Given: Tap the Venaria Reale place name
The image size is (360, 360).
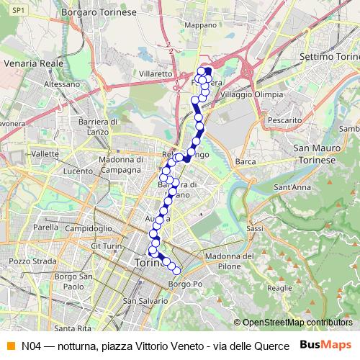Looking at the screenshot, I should (x=30, y=57).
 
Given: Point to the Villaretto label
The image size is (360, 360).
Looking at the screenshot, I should (x=156, y=73).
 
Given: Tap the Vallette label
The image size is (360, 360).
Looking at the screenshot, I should (x=45, y=154).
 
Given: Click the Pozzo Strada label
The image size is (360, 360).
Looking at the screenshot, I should (x=28, y=260).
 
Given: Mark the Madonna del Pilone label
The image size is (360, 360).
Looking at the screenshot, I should (x=229, y=261).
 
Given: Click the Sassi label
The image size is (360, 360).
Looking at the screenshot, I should (x=255, y=228).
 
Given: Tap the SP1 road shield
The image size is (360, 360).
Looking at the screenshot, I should (x=19, y=9).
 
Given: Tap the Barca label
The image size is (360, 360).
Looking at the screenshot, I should (x=246, y=162).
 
